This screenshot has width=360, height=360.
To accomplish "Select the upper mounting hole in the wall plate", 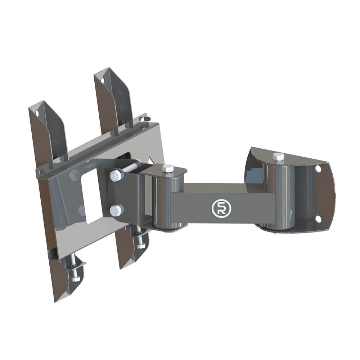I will click(x=319, y=168).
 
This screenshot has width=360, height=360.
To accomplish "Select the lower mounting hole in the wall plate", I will click(x=318, y=219).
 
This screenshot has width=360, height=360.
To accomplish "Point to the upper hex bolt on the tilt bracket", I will click(x=114, y=176).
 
